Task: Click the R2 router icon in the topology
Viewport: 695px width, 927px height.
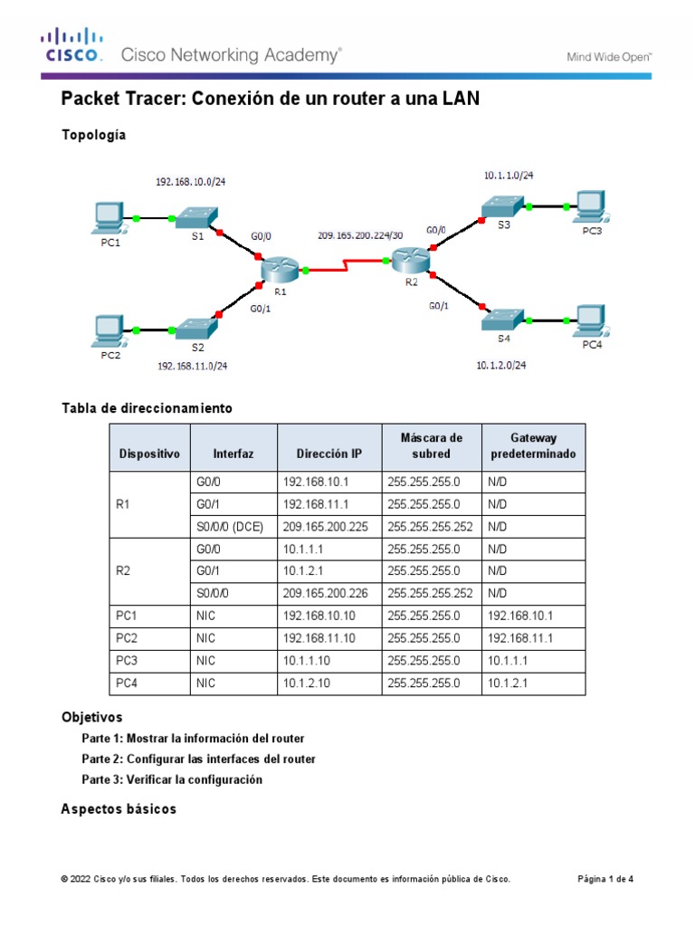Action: pos(411,261)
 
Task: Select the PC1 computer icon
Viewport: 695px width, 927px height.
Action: pos(109,218)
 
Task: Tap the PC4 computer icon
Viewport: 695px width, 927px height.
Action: pos(591,319)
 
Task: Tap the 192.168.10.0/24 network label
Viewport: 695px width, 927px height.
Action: pos(190,182)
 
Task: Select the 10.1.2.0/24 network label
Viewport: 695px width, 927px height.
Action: pos(500,366)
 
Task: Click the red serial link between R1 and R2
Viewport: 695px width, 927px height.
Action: pos(346,267)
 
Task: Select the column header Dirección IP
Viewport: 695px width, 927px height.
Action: pos(328,454)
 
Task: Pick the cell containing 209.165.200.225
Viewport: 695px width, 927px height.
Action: pos(326,526)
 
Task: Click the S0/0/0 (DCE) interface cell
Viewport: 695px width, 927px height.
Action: pos(230,526)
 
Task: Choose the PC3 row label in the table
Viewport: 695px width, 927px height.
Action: pos(126,661)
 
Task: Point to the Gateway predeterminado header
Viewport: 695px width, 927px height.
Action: pos(533,446)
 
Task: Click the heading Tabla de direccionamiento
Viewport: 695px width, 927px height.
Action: pos(147,408)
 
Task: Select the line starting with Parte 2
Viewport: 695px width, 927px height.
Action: pos(198,759)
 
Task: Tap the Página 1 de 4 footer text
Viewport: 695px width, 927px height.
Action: pos(605,879)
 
